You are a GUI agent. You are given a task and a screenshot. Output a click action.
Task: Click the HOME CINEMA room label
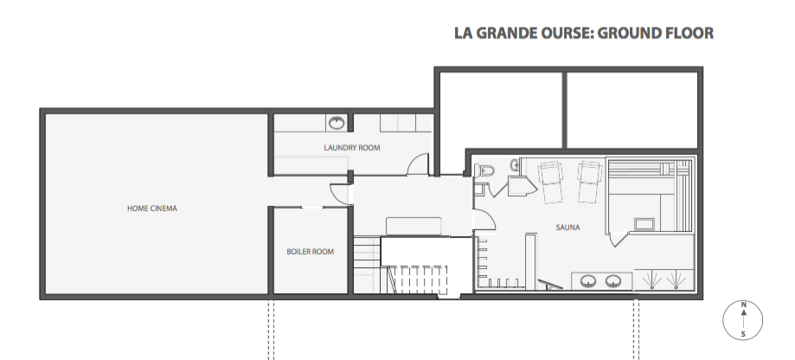(152, 208)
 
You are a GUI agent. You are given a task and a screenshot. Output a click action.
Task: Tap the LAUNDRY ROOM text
(352, 148)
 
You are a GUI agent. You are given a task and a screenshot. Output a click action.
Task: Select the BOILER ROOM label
(310, 252)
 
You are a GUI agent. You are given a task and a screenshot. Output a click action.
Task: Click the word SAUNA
(567, 228)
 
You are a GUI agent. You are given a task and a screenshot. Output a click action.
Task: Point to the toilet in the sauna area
(484, 170)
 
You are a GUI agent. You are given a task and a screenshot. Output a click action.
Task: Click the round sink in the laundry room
(337, 122)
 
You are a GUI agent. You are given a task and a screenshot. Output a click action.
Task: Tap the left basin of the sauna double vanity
(591, 280)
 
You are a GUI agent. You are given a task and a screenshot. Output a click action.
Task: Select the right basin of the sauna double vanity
(614, 280)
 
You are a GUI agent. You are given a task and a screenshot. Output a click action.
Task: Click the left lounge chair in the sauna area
(551, 180)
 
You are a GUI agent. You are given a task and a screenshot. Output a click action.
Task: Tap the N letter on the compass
(743, 305)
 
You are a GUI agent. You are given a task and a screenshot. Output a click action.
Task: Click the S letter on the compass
(743, 334)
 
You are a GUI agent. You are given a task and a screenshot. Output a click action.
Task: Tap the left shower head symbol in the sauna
(650, 279)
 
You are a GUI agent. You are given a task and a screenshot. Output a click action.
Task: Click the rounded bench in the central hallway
(416, 225)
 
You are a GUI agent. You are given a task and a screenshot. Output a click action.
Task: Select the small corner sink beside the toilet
(516, 164)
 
